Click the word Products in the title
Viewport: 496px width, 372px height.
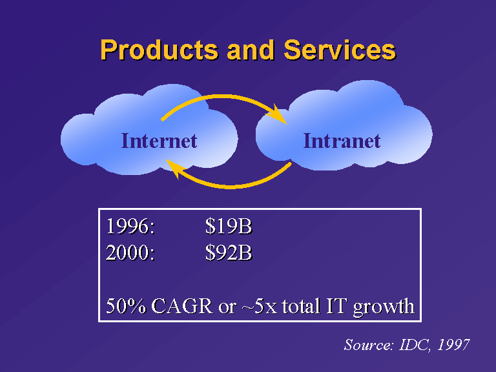[x=159, y=50]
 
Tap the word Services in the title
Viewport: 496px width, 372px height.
[x=340, y=50]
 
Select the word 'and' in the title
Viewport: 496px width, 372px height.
[x=251, y=50]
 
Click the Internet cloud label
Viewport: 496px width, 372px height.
[x=159, y=141]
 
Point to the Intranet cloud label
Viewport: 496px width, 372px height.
[x=342, y=141]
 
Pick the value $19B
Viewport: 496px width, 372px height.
[x=229, y=227]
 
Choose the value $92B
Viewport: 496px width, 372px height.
[x=229, y=253]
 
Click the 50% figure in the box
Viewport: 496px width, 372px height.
[x=126, y=306]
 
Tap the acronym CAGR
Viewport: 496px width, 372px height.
[x=182, y=306]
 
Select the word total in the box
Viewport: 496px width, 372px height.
[x=301, y=306]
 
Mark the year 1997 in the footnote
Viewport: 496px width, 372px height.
[x=453, y=345]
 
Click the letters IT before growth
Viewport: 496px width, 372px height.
[x=336, y=306]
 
